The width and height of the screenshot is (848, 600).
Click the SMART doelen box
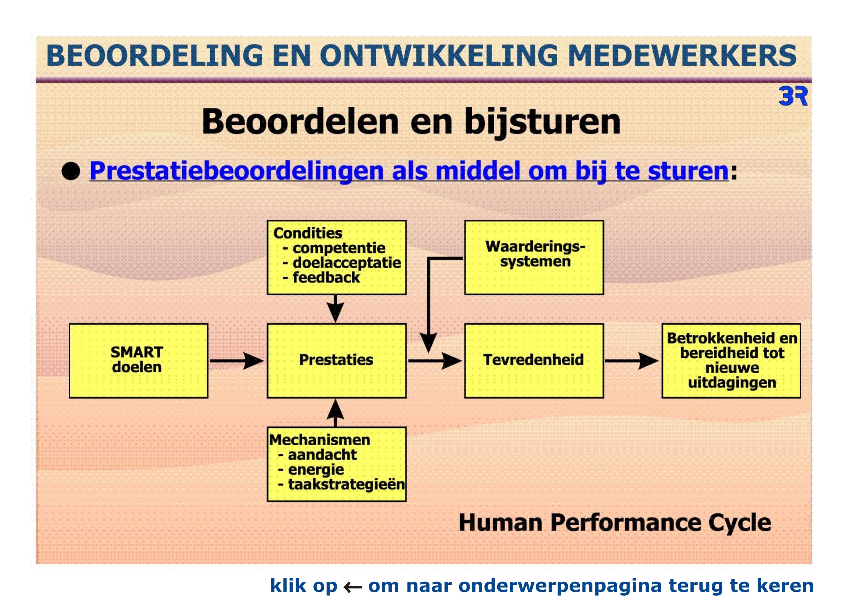pos(138,361)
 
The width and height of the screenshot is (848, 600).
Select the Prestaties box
pos(337,361)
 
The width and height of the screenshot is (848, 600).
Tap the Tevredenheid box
pos(534,361)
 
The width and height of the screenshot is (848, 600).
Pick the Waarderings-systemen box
pos(534,257)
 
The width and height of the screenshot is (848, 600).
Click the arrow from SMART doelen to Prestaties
pos(237,361)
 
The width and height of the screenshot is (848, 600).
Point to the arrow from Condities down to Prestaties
pos(335,309)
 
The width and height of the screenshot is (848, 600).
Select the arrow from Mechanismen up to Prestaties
pos(335,413)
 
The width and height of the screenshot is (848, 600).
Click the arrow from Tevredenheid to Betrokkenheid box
pos(632,361)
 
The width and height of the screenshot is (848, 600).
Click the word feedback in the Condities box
pos(326,278)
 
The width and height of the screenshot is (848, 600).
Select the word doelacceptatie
pos(346,263)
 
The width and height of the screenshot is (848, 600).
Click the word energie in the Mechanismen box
pos(316,470)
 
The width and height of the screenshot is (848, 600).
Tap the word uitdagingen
pos(732,383)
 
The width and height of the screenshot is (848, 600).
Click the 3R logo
pos(793,96)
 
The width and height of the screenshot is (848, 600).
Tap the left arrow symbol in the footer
pos(352,587)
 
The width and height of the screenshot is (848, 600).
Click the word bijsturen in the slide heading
pos(542,122)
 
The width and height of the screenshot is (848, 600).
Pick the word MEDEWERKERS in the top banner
pos(682,55)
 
